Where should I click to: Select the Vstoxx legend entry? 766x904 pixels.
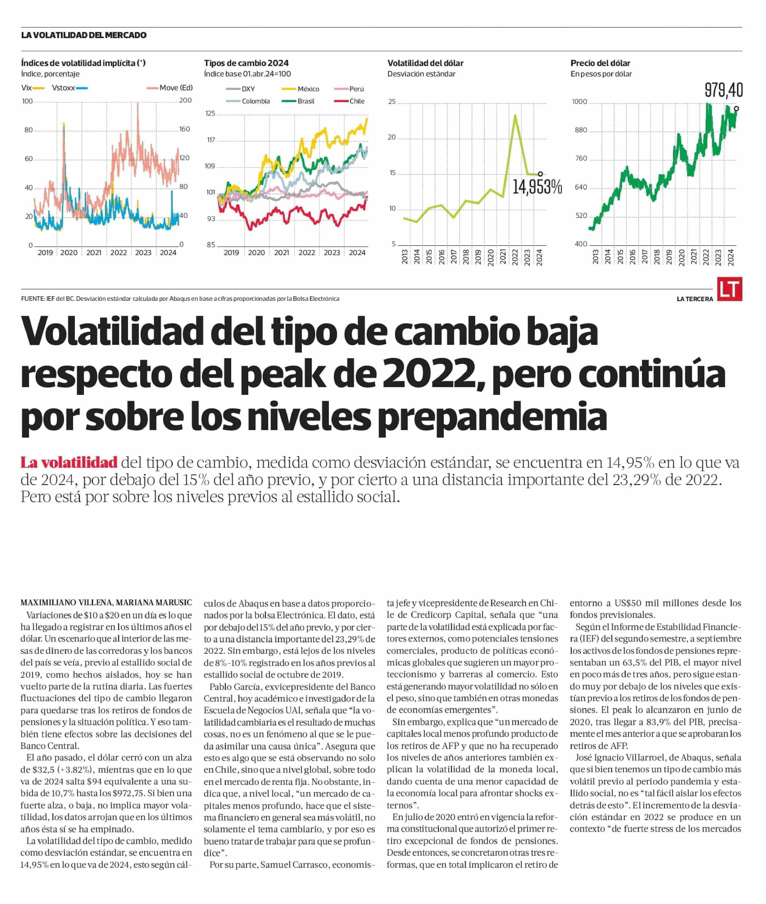pyautogui.click(x=70, y=88)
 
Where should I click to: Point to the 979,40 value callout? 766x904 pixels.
pyautogui.click(x=723, y=90)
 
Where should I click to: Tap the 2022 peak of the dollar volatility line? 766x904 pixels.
pyautogui.click(x=515, y=115)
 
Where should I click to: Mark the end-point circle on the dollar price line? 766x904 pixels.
pyautogui.click(x=737, y=109)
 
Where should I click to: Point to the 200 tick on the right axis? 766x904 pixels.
pyautogui.click(x=185, y=100)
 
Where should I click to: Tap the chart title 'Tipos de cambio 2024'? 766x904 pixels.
pyautogui.click(x=246, y=63)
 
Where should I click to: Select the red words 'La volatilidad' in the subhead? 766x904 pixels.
pyautogui.click(x=69, y=462)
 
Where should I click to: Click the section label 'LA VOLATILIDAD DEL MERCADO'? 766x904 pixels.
pyautogui.click(x=84, y=35)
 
